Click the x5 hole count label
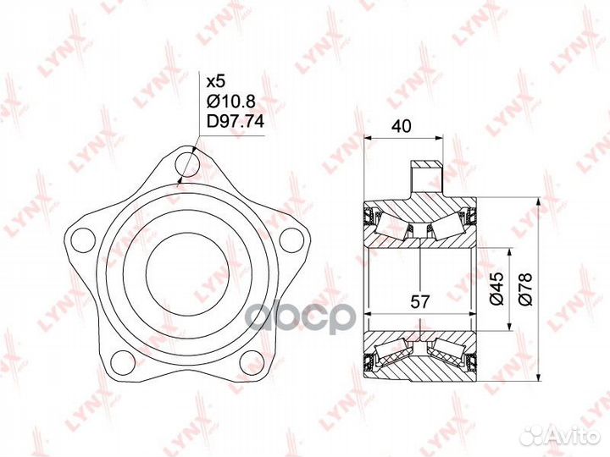215,81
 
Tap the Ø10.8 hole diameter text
230,102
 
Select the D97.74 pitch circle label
235,122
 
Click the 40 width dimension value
402,126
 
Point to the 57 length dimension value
419,301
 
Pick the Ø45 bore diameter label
496,288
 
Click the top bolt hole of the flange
187,165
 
